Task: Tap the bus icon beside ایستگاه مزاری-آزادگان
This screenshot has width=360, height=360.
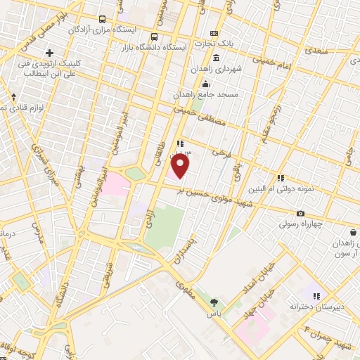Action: (x=103, y=20)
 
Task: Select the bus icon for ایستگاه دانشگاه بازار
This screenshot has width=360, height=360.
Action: (x=154, y=37)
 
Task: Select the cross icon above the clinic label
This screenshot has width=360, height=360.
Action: (x=49, y=53)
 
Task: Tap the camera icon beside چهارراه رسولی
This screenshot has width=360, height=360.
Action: (x=300, y=214)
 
